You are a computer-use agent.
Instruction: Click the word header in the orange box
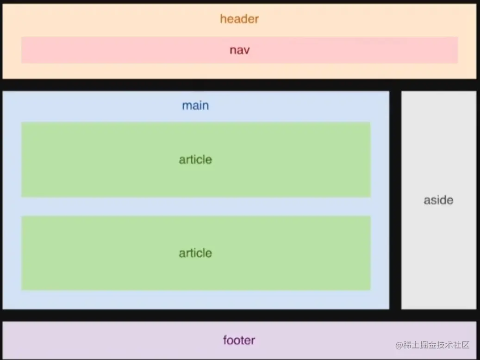click(x=239, y=19)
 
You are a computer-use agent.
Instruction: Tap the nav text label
click(x=239, y=50)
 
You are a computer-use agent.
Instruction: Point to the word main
click(x=195, y=106)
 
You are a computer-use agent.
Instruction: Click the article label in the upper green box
click(x=195, y=159)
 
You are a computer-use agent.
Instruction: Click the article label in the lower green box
click(x=195, y=253)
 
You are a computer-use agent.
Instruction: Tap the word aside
click(x=438, y=200)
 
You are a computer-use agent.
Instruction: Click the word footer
click(x=239, y=341)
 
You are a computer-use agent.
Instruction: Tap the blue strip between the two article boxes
click(x=195, y=207)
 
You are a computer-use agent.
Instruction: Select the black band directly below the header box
click(x=240, y=85)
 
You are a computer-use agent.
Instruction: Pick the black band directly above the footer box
click(x=240, y=315)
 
